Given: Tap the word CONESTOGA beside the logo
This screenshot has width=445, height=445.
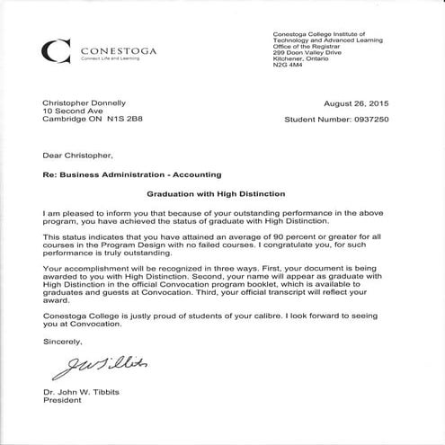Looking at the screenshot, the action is coord(119,49).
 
